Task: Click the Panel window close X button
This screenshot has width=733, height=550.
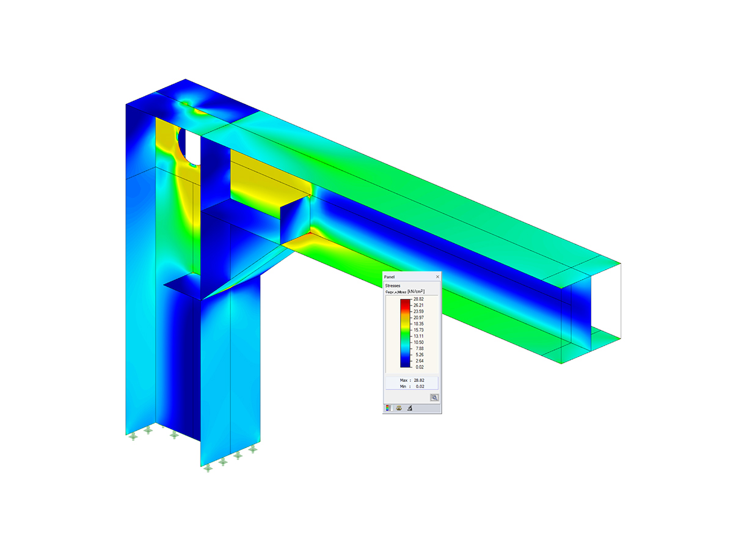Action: [437, 277]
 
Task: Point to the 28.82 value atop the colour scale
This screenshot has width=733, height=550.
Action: [418, 299]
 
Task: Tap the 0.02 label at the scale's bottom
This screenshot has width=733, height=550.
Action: [418, 367]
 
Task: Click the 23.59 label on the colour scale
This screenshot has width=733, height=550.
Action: [418, 312]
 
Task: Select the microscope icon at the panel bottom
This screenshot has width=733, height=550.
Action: [410, 408]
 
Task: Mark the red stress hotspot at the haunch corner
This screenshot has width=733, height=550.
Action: [312, 233]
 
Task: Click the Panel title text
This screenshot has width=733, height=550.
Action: [390, 277]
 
